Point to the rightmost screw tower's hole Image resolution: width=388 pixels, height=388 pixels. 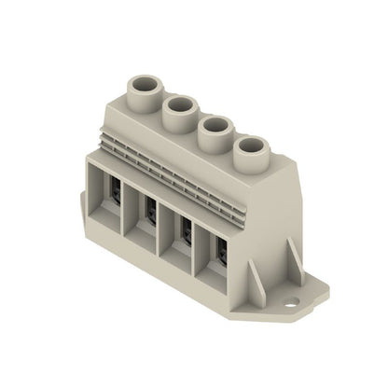252,146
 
